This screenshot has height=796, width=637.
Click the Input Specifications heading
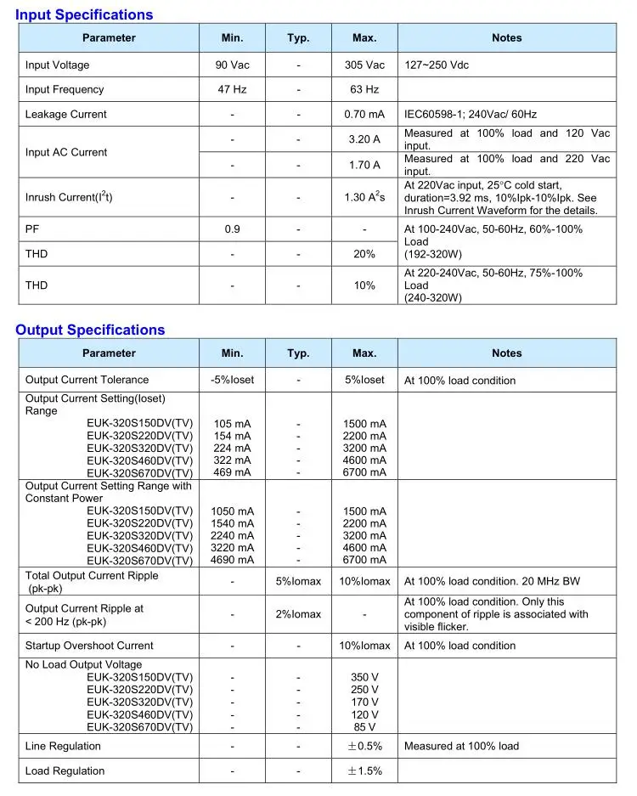point(84,14)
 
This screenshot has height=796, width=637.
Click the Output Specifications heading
point(90,330)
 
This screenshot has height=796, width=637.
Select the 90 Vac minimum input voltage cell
point(232,65)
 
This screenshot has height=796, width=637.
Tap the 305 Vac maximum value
point(364,65)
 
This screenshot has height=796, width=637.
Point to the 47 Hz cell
point(232,89)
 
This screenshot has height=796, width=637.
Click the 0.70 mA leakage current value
point(364,115)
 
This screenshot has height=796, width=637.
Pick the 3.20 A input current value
point(364,139)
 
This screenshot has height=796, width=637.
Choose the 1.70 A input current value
point(364,165)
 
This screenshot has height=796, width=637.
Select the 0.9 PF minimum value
point(232,229)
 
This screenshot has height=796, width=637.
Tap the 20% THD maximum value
point(364,254)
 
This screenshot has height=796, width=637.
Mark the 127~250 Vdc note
point(437,65)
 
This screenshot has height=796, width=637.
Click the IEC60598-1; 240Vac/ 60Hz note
point(471,115)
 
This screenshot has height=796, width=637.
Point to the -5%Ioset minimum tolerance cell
point(232,380)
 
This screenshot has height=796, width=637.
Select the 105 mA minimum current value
point(233,424)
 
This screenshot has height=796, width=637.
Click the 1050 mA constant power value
point(232,511)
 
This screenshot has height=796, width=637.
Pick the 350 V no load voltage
point(364,678)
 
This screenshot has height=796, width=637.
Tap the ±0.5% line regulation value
point(364,747)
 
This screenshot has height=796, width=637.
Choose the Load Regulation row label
point(65,771)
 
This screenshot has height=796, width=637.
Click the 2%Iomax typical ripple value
point(298,614)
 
